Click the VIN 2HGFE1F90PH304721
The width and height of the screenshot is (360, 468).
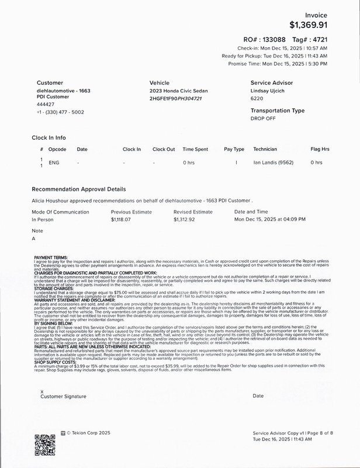pos(176,99)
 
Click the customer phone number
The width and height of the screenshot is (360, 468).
pos(60,112)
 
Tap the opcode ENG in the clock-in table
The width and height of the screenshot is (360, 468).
pos(54,162)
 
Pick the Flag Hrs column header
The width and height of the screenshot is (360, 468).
pos(320,149)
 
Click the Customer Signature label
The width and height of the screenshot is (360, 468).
pos(63,396)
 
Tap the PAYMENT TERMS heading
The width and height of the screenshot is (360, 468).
pos(51,257)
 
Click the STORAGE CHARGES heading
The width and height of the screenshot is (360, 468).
pos(54,288)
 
